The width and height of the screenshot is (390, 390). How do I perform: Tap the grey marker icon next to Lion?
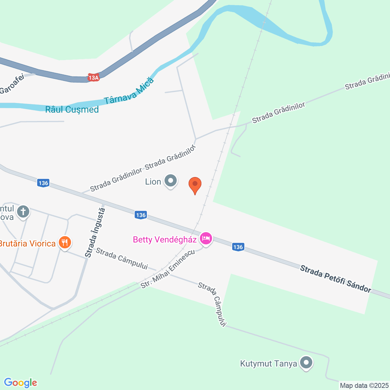pos(171,181)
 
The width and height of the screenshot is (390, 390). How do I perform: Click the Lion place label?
pos(153,182)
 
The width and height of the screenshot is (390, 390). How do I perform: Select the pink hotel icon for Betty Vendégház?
pos(206,239)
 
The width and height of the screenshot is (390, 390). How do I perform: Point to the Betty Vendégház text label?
pos(165,240)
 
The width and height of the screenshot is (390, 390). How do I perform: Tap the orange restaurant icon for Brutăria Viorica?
pos(65,243)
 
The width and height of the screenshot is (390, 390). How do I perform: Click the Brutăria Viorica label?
pos(27,244)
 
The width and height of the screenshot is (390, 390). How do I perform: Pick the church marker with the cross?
pos(23,211)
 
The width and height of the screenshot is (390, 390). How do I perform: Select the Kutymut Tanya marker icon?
pos(306,363)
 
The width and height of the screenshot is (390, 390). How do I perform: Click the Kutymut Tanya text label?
pos(268,364)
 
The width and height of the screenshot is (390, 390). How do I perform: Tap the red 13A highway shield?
pos(94,78)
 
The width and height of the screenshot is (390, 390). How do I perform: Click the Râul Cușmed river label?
pos(72,110)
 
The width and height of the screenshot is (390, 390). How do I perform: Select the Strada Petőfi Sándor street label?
pos(336,279)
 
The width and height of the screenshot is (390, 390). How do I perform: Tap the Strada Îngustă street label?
pos(95,232)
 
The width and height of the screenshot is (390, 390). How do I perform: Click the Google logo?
pos(20,383)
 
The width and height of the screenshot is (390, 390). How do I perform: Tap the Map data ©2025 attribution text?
pos(364,386)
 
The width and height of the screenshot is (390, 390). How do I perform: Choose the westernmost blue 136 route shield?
pos(43,183)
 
